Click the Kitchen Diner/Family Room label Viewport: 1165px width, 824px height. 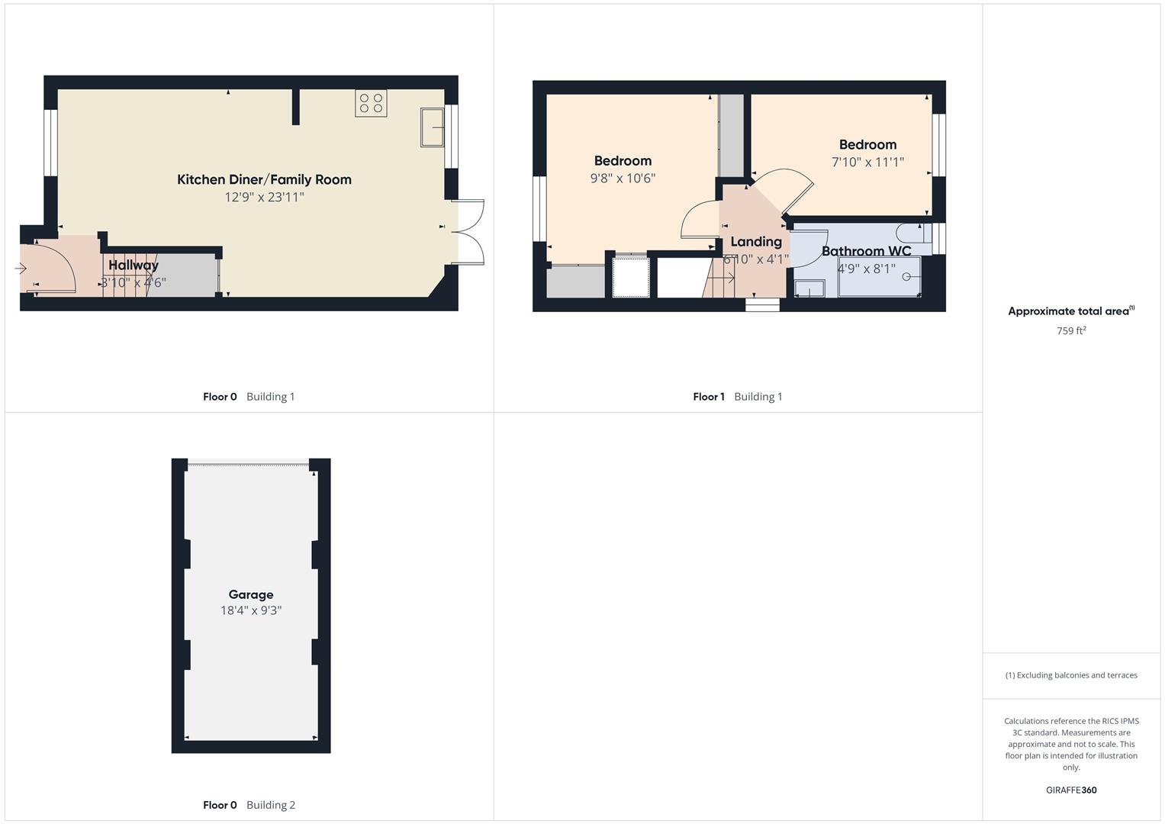point(264,180)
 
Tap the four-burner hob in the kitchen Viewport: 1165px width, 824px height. point(371,103)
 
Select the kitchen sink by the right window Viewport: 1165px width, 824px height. point(432,127)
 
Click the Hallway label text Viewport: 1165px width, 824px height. point(134,266)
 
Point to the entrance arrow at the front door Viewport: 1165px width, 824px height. point(21,269)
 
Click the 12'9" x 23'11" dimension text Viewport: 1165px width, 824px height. point(264,198)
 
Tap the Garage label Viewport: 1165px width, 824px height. point(251,594)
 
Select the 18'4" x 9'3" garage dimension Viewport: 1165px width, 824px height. point(251,610)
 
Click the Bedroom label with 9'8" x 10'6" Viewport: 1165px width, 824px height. point(623,161)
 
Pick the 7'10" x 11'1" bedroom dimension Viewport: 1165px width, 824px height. point(867,162)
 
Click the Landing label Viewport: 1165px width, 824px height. point(756,242)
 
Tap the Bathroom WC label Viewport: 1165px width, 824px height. point(866,251)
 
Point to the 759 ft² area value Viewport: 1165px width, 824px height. point(1071,331)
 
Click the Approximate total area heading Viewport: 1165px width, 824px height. point(1070,311)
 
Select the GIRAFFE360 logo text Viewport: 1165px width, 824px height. point(1071,790)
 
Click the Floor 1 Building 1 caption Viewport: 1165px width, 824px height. point(737,397)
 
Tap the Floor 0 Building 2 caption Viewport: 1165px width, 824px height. point(249,805)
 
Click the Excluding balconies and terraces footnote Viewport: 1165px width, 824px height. point(1071,675)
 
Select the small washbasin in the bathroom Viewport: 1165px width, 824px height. point(809,288)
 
